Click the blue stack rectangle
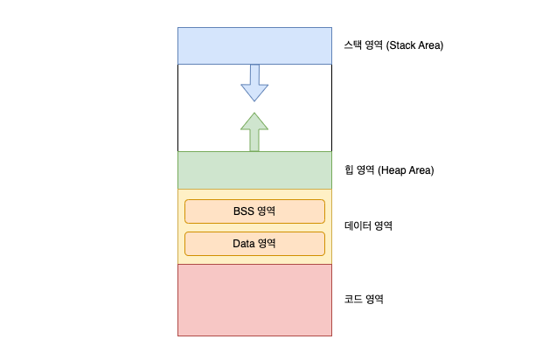pyautogui.click(x=254, y=45)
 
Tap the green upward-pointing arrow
pyautogui.click(x=254, y=132)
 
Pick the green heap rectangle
pyautogui.click(x=254, y=170)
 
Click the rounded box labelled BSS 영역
pyautogui.click(x=254, y=211)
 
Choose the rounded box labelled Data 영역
pyautogui.click(x=254, y=243)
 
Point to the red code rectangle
pyautogui.click(x=254, y=300)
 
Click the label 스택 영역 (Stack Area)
pyautogui.click(x=394, y=45)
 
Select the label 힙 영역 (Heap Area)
pyautogui.click(x=389, y=170)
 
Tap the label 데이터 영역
pyautogui.click(x=369, y=225)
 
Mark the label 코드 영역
pyautogui.click(x=365, y=299)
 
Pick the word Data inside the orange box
pyautogui.click(x=243, y=243)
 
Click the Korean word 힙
pyautogui.click(x=350, y=170)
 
